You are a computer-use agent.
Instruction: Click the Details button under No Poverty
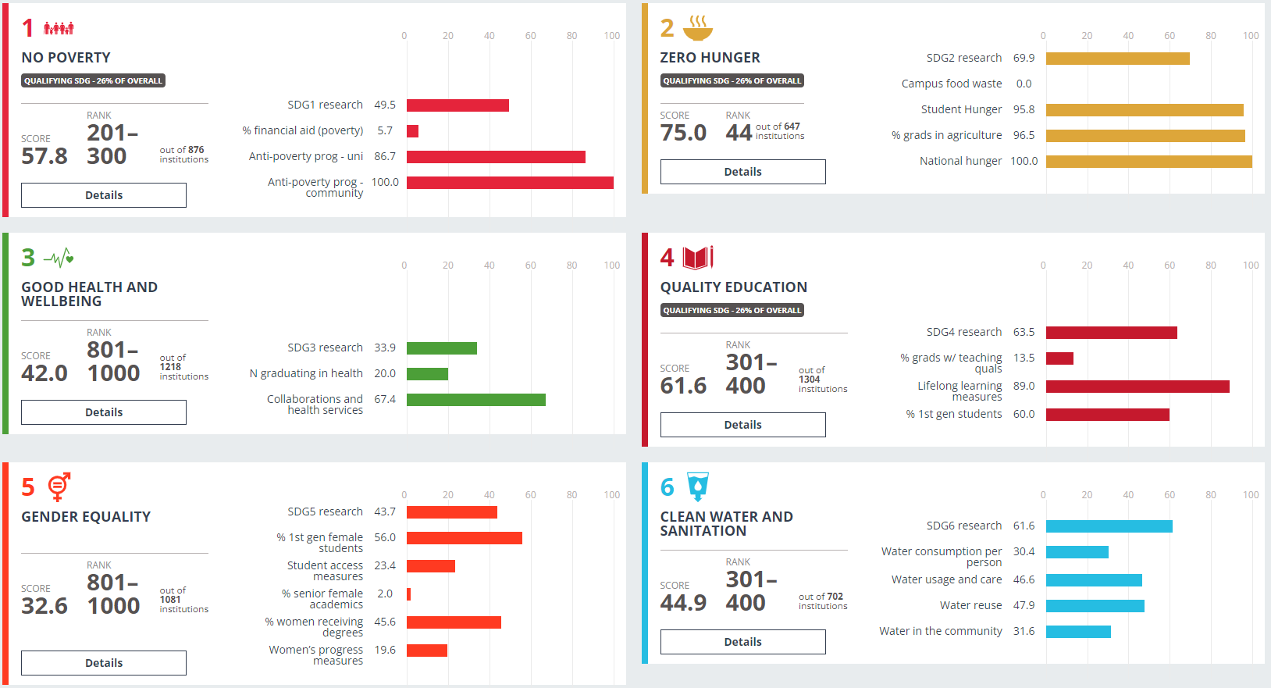click(x=104, y=195)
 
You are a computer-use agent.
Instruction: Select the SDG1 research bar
click(x=457, y=105)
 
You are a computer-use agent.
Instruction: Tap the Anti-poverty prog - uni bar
click(x=496, y=157)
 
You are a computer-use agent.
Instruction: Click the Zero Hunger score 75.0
click(x=683, y=133)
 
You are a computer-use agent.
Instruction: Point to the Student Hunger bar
click(x=1145, y=110)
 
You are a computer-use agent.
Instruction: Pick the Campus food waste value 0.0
click(x=1024, y=84)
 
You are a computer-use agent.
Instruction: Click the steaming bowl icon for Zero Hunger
click(x=698, y=28)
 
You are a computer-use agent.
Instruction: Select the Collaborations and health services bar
click(x=476, y=400)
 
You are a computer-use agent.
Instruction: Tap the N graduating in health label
click(x=306, y=373)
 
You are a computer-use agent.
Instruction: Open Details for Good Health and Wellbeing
click(x=104, y=412)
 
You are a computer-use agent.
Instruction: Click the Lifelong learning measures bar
click(x=1137, y=387)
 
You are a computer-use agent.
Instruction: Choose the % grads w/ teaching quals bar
click(x=1059, y=358)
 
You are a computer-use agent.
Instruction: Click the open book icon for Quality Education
click(x=698, y=258)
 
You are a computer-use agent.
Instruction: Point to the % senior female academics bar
click(x=408, y=594)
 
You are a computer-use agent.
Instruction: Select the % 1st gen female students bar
click(x=465, y=538)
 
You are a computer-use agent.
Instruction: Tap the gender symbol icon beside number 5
click(x=59, y=487)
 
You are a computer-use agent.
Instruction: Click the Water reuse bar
click(x=1095, y=606)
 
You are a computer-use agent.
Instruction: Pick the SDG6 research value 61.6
click(x=1024, y=526)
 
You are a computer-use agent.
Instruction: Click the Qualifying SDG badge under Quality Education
click(x=732, y=310)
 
